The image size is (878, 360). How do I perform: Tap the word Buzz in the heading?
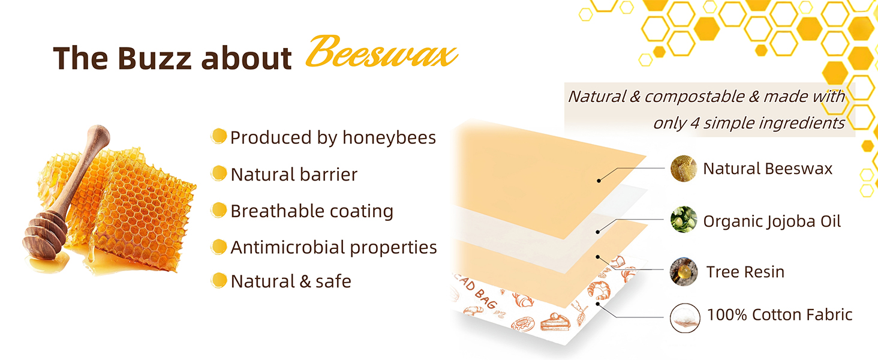(x=155, y=58)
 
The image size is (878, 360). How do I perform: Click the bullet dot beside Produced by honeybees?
(x=219, y=136)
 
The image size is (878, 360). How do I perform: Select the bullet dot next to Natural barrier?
(x=219, y=173)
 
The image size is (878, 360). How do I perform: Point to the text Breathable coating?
(x=312, y=211)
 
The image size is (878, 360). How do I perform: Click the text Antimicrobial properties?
(x=333, y=247)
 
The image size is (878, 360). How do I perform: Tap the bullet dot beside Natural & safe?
(x=219, y=280)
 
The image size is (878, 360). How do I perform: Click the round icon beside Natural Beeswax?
(x=684, y=169)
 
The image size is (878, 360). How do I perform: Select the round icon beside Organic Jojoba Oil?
(x=684, y=220)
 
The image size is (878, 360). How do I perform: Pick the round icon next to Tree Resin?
(x=684, y=271)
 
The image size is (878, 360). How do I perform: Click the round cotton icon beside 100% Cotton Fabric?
(x=685, y=318)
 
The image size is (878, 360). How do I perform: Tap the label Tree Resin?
(x=745, y=272)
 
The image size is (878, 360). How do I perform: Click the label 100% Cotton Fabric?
(x=780, y=314)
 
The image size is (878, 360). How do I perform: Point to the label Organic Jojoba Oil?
(x=772, y=221)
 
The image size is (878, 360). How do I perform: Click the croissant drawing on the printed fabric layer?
(x=599, y=290)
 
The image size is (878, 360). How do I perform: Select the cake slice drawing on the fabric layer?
(x=555, y=322)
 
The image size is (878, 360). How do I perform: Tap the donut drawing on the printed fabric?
(x=521, y=325)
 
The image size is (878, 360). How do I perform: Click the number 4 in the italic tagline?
(x=694, y=123)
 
